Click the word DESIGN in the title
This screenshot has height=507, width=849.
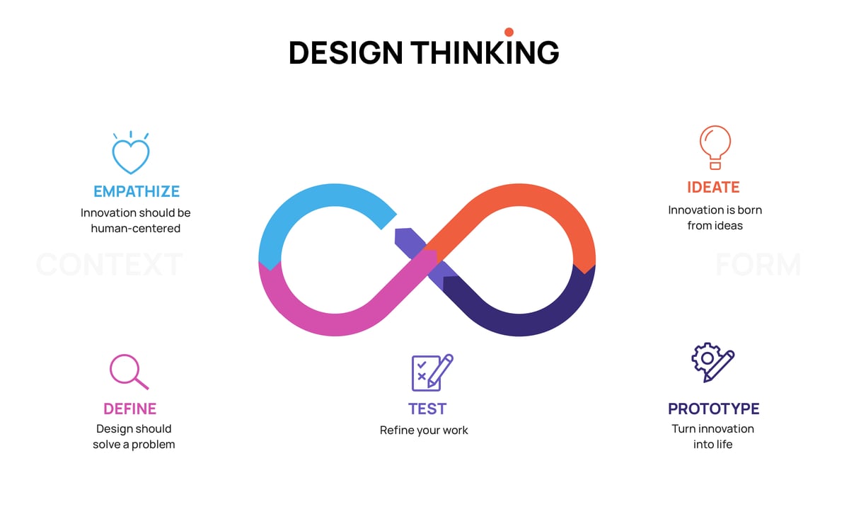click(346, 53)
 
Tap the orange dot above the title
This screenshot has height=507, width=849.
click(509, 32)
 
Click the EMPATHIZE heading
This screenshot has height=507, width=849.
click(137, 191)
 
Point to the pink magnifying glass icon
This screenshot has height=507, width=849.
click(129, 371)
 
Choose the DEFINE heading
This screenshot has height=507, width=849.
click(130, 409)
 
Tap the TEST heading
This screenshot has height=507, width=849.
click(427, 409)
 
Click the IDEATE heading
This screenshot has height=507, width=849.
click(713, 188)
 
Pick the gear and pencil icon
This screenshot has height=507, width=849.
click(712, 363)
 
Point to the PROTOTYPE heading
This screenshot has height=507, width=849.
click(713, 409)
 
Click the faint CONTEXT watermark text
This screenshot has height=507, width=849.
click(109, 265)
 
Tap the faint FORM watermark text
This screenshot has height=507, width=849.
click(758, 265)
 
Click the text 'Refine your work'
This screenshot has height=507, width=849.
click(424, 430)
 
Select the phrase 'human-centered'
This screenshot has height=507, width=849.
click(136, 229)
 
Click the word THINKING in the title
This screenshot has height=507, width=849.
click(485, 53)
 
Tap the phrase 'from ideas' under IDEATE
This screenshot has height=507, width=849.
click(715, 226)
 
